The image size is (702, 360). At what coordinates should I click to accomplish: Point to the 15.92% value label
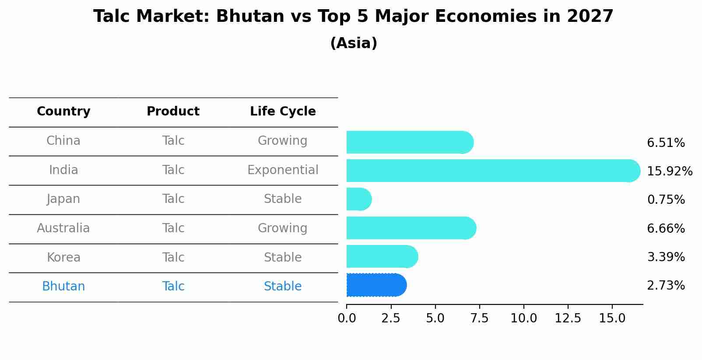tap(669, 171)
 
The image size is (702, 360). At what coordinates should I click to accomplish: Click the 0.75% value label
tap(666, 200)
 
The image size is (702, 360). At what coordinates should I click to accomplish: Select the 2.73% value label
tap(666, 286)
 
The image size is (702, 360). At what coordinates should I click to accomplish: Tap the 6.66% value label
tap(666, 228)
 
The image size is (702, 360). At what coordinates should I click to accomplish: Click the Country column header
tap(63, 112)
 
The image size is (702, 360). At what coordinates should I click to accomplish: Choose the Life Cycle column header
tap(283, 112)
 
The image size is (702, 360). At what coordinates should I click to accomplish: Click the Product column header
tap(173, 112)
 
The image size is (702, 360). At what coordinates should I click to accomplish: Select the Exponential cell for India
tap(283, 170)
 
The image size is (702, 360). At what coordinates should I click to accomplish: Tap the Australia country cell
tap(63, 228)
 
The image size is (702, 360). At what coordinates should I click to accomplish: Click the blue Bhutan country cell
tap(63, 287)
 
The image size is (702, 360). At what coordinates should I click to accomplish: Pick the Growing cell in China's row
tap(283, 141)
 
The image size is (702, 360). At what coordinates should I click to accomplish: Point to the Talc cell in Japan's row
tap(173, 199)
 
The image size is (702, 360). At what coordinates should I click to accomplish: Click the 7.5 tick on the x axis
tap(479, 318)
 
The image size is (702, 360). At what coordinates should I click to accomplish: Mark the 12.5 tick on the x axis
tap(568, 318)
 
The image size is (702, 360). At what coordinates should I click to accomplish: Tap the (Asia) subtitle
tap(354, 43)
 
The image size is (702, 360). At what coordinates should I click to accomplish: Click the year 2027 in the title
tap(590, 17)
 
